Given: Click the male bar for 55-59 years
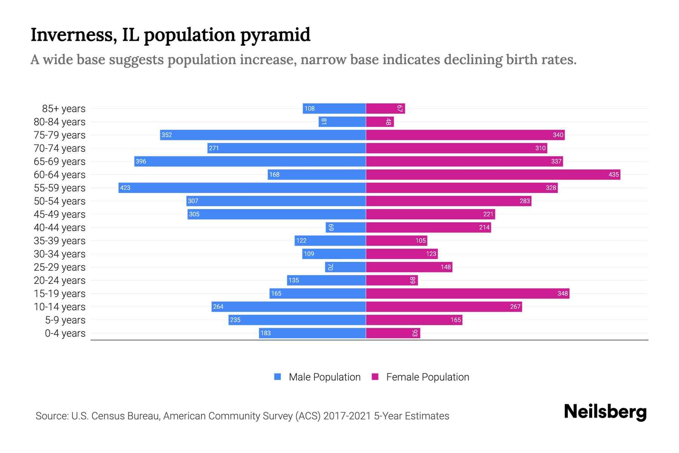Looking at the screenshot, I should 242,188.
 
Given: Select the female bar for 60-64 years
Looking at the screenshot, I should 493,174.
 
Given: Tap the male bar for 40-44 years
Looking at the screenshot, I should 346,227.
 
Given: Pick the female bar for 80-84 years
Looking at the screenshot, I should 380,122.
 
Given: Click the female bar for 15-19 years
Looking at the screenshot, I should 468,293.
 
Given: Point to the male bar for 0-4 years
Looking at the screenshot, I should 312,333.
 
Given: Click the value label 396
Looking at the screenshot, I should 141,161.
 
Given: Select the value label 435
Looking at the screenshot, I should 613,174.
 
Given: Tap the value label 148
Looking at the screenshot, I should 445,267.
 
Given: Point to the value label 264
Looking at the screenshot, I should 218,307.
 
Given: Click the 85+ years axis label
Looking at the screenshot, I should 64,109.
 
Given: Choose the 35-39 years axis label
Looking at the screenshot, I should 60,241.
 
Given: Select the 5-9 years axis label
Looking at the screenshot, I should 65,320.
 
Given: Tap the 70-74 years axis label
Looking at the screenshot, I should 60,148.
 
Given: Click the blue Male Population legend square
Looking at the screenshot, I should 278,377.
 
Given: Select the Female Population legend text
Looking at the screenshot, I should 427,377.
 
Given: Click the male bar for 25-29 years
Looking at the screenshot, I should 346,267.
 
